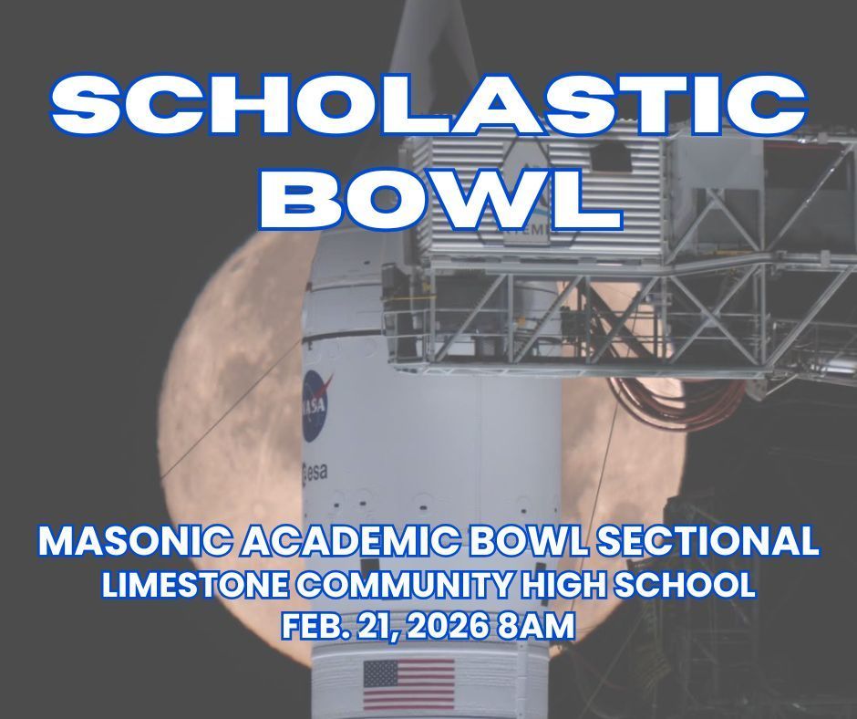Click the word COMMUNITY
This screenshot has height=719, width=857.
coord(399,585)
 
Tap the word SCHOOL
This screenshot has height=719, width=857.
coord(691,585)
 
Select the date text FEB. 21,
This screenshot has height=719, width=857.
coord(339,627)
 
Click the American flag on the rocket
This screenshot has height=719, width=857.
coord(408,684)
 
